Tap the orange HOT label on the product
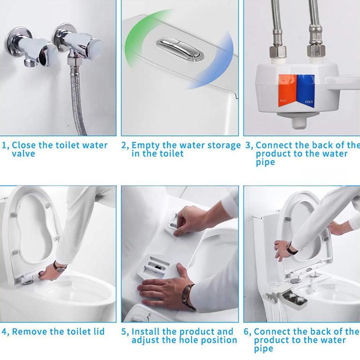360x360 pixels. pyautogui.click(x=287, y=91)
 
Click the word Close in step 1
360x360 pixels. pyautogui.click(x=24, y=145)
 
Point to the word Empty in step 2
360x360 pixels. pyautogui.click(x=145, y=146)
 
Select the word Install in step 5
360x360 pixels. pyautogui.click(x=145, y=332)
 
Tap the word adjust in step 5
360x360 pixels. pyautogui.click(x=144, y=341)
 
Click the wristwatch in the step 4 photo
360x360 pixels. pyautogui.click(x=59, y=267)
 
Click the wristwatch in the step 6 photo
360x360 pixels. pyautogui.click(x=292, y=249)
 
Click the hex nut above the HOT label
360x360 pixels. pyautogui.click(x=278, y=51)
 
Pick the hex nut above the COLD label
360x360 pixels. pyautogui.click(x=316, y=51)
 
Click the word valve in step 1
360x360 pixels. pyautogui.click(x=23, y=154)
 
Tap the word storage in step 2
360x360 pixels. pyautogui.click(x=224, y=146)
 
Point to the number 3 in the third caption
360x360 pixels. pyautogui.click(x=248, y=145)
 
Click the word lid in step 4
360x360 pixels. pyautogui.click(x=99, y=332)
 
